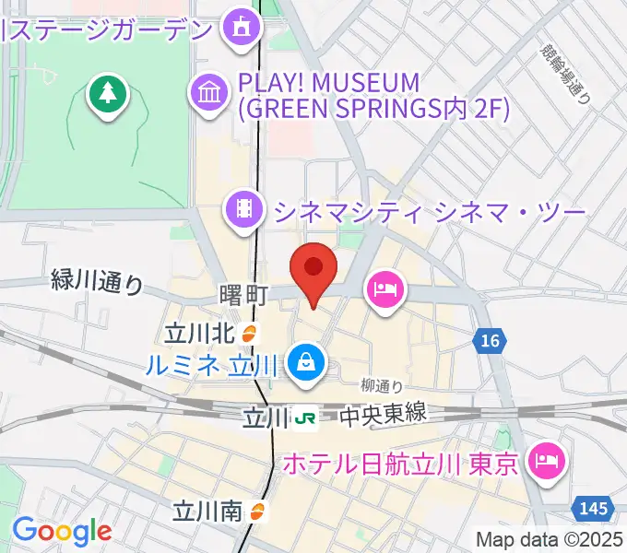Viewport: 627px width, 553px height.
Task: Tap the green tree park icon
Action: (x=108, y=93)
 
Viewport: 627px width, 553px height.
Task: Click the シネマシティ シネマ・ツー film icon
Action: (x=244, y=209)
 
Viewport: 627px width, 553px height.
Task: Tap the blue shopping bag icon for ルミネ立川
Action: (x=303, y=362)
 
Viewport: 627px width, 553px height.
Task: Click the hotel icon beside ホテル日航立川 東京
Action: (x=547, y=458)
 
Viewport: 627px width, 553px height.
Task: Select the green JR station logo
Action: (x=304, y=418)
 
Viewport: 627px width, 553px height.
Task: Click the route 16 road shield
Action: (x=490, y=342)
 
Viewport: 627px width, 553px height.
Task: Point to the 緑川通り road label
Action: (x=98, y=282)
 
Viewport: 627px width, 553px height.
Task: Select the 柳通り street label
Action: (x=381, y=385)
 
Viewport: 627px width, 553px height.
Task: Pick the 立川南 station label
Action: (x=211, y=510)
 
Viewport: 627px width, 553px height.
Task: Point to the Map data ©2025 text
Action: (x=549, y=539)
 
